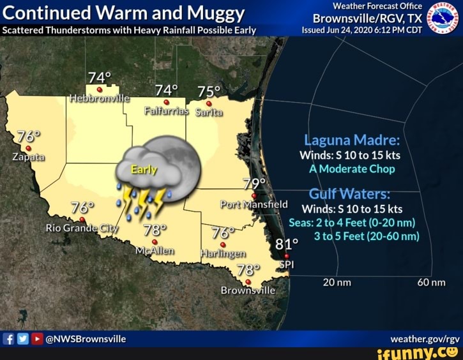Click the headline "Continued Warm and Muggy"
pos(124,13)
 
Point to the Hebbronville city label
pos(99,98)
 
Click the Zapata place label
pos(27,157)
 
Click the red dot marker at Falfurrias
pos(167,101)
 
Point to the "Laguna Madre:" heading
pos(351,140)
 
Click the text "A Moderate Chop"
pos(352,169)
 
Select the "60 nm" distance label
pos(431,283)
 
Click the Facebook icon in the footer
pos(10,339)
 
